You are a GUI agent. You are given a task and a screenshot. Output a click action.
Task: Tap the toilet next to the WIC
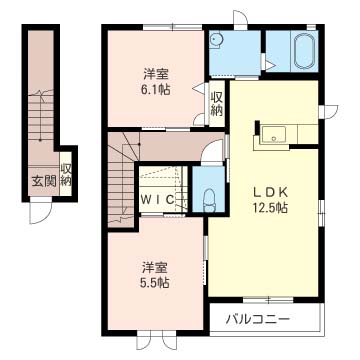pos(209,199)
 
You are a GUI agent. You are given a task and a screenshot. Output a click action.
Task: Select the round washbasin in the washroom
pos(216,40)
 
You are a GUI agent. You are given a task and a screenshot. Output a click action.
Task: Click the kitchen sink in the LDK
pos(273,134)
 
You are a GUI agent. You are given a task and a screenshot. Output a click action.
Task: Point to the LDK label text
pos(271,193)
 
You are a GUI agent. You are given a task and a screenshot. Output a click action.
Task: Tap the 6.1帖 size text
pos(156,90)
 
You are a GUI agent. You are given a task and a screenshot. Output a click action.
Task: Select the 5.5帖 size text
pos(155,283)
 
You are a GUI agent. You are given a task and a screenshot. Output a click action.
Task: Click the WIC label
pos(157,200)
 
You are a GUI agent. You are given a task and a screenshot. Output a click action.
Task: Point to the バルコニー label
pos(258,320)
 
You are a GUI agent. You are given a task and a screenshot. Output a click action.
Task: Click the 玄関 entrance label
pos(44,181)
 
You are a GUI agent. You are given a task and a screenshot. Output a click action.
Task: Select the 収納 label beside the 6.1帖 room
pos(216,103)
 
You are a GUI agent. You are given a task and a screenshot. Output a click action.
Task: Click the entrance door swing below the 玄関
pos(40,212)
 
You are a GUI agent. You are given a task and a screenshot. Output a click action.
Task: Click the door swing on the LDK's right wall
pos(329,111)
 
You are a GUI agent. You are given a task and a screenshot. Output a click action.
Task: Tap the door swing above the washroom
pos(240,17)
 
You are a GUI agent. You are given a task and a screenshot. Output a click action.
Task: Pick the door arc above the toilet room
pos(213,152)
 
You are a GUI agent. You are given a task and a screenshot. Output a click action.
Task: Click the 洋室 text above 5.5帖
pos(155,268)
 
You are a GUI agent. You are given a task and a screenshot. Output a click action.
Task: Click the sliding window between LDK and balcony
pos(268,299)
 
